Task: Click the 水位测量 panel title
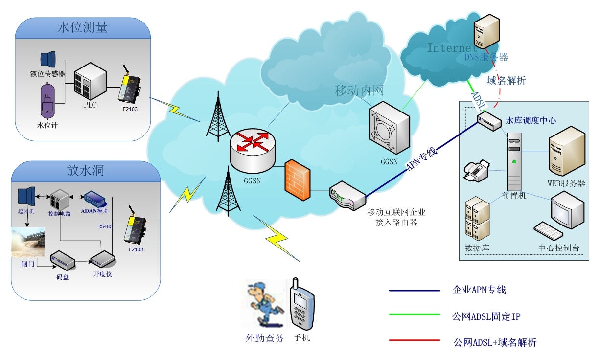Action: (82, 27)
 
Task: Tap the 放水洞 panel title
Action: (85, 171)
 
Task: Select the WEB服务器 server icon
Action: (566, 152)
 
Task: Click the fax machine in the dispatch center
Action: (476, 171)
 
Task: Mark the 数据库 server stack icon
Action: (477, 219)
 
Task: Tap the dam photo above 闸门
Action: (28, 242)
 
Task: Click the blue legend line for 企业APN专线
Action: (414, 291)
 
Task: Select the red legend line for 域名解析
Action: (414, 341)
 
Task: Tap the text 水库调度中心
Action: (531, 120)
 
